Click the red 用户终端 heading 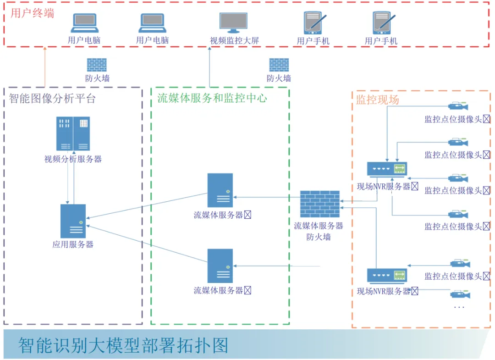point(32,13)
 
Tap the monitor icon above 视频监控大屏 point(233,23)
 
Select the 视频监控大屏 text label point(234,41)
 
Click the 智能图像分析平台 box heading point(53,99)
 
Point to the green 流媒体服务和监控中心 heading point(212,98)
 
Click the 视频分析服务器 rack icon point(73,133)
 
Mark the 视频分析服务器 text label point(73,160)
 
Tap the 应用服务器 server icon point(73,221)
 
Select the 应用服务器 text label point(73,244)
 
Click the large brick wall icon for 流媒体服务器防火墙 point(320,204)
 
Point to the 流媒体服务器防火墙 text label point(319,231)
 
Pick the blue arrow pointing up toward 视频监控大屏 point(209,66)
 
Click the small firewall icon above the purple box point(97,65)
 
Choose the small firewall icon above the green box point(279,65)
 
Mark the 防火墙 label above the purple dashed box point(97,78)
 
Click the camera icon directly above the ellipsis point(460,294)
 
